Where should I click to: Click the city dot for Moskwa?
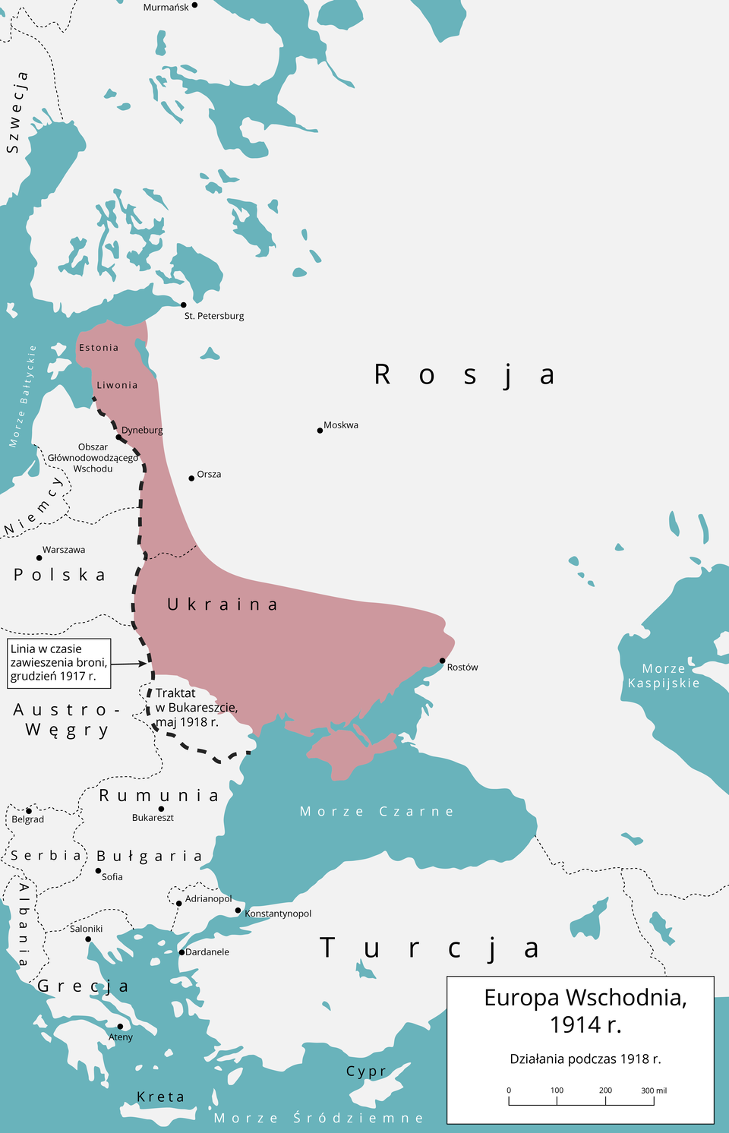click(320, 431)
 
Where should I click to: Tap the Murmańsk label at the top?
click(166, 7)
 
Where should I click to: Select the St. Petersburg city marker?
click(183, 305)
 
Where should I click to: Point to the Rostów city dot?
click(443, 661)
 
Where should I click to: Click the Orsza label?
click(209, 475)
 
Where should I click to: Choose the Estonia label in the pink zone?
click(99, 348)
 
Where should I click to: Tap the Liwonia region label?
click(117, 385)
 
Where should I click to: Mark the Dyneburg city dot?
click(118, 437)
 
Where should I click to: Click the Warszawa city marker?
click(39, 558)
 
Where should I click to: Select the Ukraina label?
click(222, 604)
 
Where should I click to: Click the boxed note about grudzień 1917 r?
click(59, 663)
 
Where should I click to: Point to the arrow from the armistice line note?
click(129, 664)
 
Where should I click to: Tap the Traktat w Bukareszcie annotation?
click(195, 707)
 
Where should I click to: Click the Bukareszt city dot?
click(161, 809)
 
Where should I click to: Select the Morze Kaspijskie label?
click(664, 676)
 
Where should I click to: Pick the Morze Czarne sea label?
click(377, 812)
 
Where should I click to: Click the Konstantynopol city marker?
click(238, 911)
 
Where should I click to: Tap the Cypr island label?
click(366, 1071)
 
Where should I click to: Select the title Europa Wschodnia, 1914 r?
click(585, 1011)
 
